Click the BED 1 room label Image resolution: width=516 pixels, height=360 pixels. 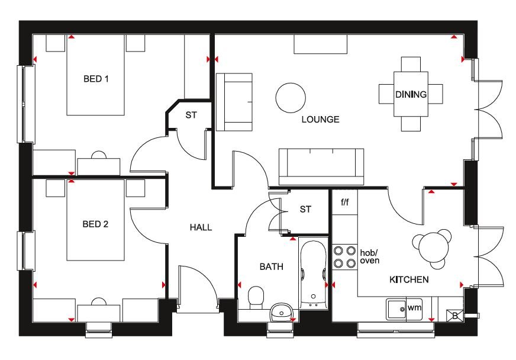pos(96,79)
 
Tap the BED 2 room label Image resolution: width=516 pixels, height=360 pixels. pos(95,224)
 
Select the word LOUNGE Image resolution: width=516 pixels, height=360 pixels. pos(320,119)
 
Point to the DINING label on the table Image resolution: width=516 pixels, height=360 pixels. pos(411,95)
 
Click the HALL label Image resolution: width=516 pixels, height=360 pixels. pos(201,227)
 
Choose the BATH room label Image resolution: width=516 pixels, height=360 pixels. pos(271,266)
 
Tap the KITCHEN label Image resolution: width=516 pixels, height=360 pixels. pos(409,279)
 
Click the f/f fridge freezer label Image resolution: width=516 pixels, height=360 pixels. pos(344,202)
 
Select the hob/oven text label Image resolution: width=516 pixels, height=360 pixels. pos(370,256)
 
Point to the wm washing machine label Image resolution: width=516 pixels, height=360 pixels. pos(414,308)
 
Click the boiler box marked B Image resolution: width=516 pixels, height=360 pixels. pos(455,316)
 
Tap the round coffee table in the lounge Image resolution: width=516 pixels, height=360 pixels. pos(291,98)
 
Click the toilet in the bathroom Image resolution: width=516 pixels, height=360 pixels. pos(256,297)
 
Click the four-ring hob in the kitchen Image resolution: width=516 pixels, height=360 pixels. pos(344,257)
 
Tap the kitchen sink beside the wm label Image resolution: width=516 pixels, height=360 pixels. pos(396,309)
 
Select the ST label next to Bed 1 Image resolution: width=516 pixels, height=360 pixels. pos(191,115)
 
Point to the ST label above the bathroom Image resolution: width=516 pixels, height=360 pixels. pos(305,209)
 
